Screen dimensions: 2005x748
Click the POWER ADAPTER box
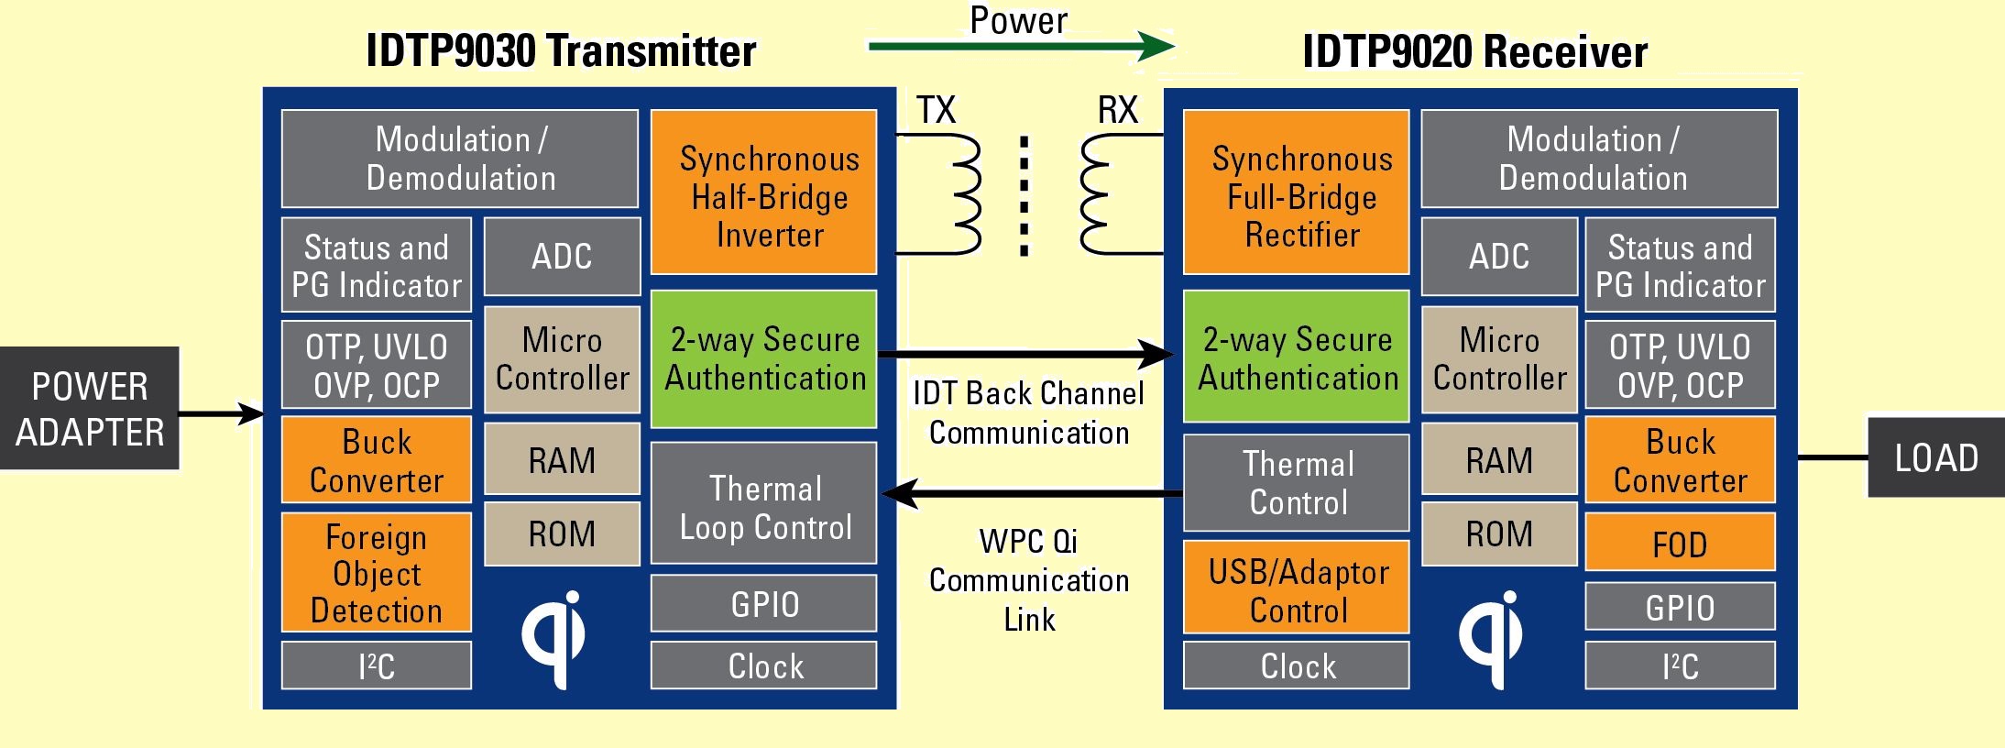click(x=89, y=408)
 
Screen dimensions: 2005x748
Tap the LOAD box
click(x=1936, y=457)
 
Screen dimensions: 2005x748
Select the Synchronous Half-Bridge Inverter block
click(x=763, y=192)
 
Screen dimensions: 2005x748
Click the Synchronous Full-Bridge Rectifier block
click(x=1296, y=192)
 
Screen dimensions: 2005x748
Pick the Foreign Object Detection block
click(x=376, y=572)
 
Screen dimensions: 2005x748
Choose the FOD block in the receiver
click(x=1680, y=542)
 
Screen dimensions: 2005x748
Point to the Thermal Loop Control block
click(x=763, y=503)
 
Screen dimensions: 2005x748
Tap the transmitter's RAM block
click(x=562, y=458)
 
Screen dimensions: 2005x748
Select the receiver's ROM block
click(x=1499, y=533)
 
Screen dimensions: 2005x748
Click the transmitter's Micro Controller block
click(x=562, y=358)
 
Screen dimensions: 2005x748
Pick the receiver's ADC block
click(x=1499, y=256)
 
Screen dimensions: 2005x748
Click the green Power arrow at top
click(x=1021, y=45)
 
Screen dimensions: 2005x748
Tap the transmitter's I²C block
click(x=376, y=665)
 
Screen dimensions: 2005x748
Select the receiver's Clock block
click(x=1296, y=665)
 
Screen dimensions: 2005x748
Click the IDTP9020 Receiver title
click(x=1474, y=51)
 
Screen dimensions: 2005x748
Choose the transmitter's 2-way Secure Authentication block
click(x=763, y=358)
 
